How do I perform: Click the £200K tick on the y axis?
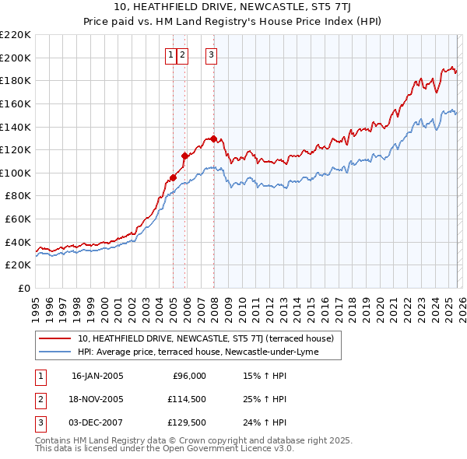point(16,58)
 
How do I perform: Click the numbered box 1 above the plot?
point(170,54)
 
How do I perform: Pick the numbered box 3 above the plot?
point(211,54)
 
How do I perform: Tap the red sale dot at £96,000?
point(173,177)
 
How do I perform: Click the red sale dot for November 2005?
point(184,156)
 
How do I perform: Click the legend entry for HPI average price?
point(209,352)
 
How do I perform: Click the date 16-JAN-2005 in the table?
point(97,376)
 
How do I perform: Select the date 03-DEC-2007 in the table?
point(97,422)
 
